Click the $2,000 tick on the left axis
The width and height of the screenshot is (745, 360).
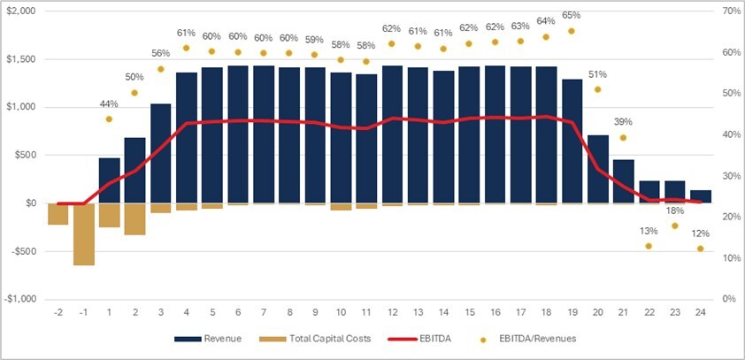21,11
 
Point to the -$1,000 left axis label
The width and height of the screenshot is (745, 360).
21,299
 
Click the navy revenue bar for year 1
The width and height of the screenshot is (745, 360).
109,180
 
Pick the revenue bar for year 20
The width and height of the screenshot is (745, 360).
597,169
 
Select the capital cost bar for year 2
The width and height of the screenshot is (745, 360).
134,218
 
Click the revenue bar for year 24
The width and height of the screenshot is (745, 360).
700,196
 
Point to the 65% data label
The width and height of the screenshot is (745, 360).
572,15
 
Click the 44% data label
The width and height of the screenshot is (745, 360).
109,103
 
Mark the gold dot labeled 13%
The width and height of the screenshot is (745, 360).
649,246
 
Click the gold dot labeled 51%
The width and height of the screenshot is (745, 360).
597,89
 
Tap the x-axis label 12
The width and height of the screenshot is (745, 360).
392,312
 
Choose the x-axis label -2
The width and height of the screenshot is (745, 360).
58,312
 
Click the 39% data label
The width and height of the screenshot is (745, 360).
623,121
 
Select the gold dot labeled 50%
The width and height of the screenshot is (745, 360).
134,93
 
